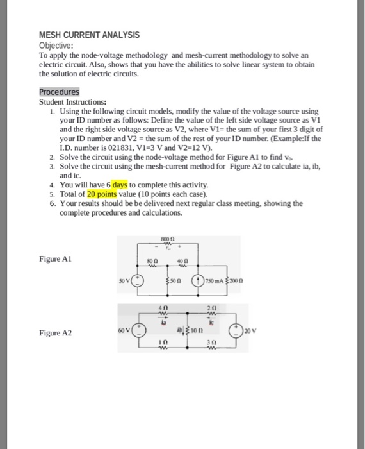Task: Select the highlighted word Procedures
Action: click(59, 92)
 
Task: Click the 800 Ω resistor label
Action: click(170, 237)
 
